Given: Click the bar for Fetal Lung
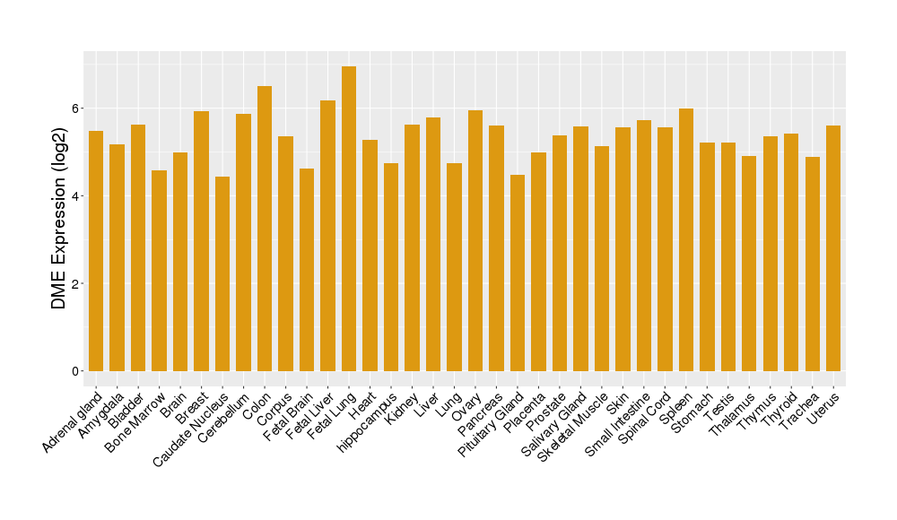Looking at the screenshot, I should point(349,219).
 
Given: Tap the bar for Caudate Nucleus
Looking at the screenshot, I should point(222,273).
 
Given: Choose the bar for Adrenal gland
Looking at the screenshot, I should point(96,251).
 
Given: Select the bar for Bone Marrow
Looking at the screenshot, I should point(159,271).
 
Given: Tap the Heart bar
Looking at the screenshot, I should point(370,256).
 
